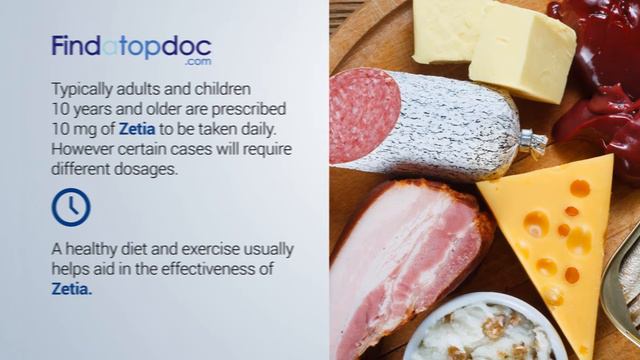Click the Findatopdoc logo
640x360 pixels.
pyautogui.click(x=131, y=47)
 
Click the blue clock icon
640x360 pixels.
pyautogui.click(x=71, y=207)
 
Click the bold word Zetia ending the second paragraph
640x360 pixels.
pyautogui.click(x=71, y=289)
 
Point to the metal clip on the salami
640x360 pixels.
pyautogui.click(x=531, y=142)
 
